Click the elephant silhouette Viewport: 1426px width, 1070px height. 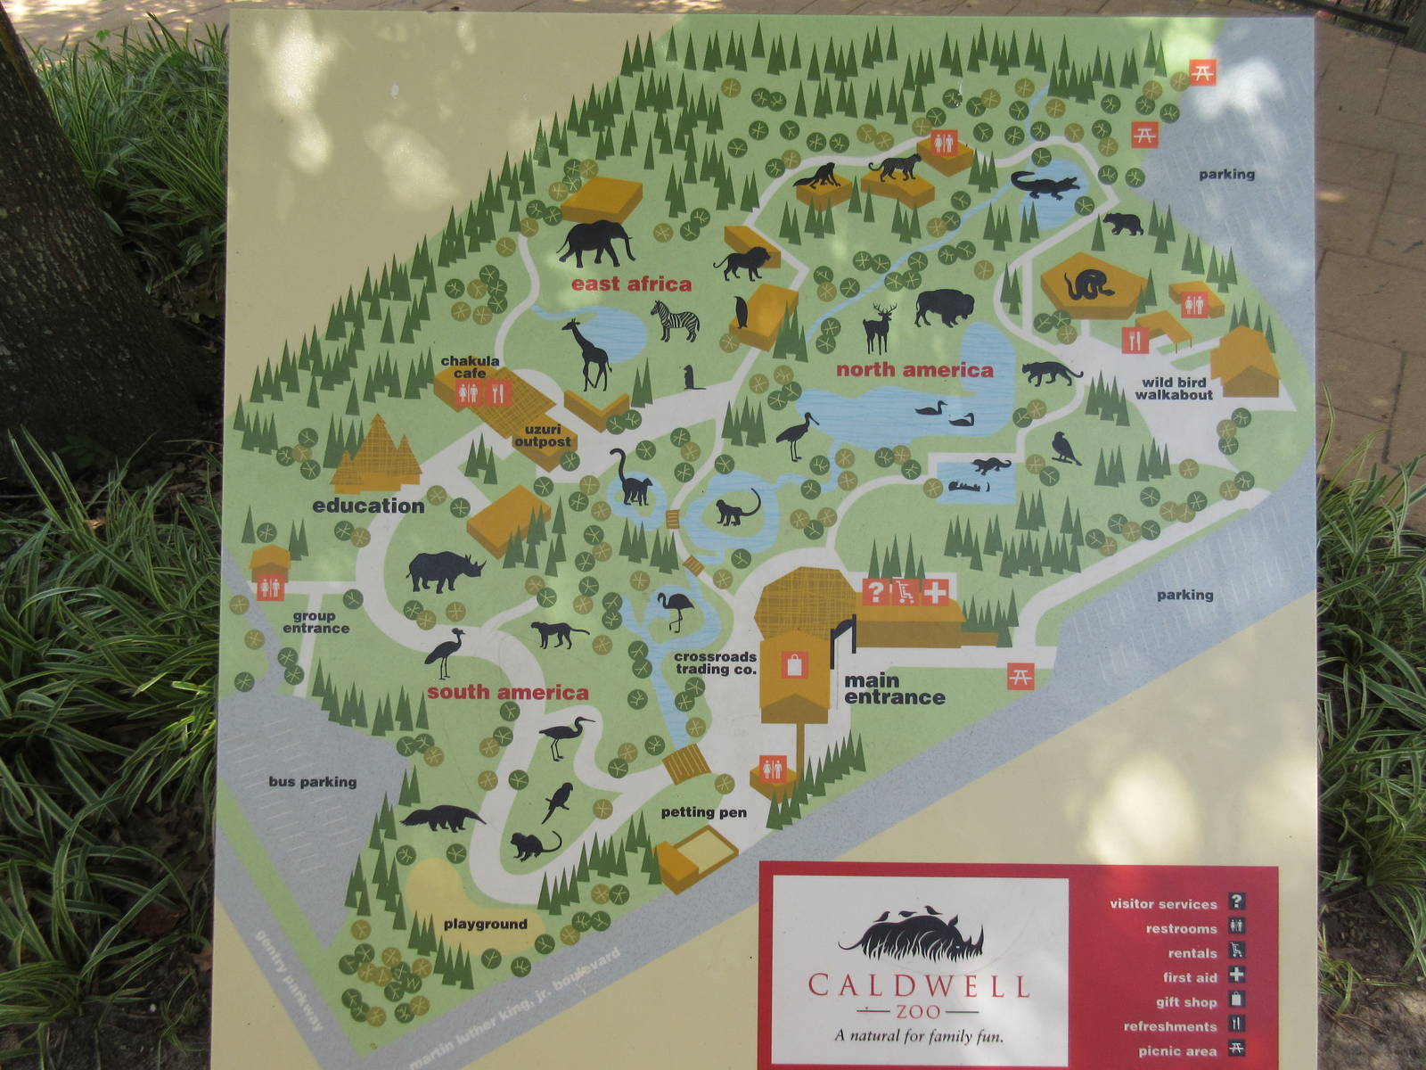595,243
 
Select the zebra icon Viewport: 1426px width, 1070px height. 675,321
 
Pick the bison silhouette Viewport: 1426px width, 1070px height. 944,307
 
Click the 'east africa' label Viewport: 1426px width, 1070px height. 631,284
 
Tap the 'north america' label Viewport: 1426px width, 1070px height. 914,370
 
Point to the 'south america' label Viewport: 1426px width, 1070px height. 507,693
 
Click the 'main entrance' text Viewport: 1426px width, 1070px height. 894,689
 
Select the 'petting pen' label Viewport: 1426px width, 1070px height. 703,812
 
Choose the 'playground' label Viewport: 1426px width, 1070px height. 485,925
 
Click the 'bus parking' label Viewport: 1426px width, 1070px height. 312,782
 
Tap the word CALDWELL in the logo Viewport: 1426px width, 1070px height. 918,986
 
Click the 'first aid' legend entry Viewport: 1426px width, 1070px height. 1190,977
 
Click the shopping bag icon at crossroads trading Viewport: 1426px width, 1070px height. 792,665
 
